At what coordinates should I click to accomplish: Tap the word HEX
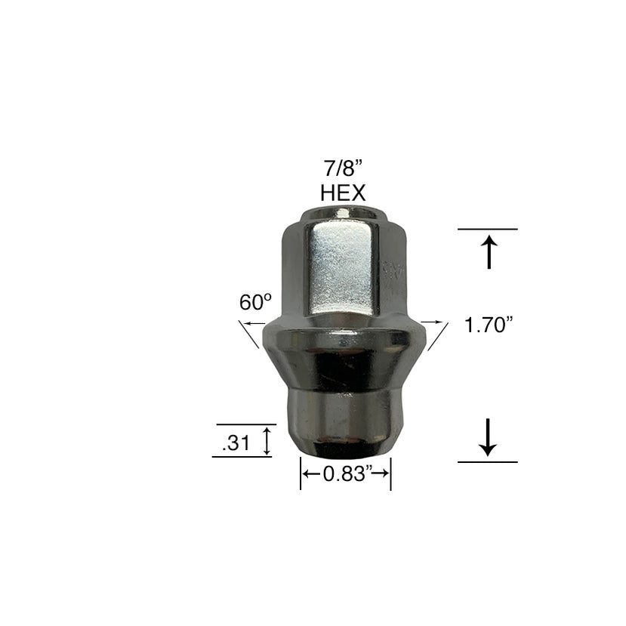pos(343,192)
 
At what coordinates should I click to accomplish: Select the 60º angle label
pos(255,303)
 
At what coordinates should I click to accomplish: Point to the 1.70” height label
pos(489,325)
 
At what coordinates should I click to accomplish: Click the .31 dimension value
pos(236,445)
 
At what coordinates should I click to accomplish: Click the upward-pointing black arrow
pos(489,252)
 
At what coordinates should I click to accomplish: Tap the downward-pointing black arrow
pos(488,437)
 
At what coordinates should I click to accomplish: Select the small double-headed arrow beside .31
pos(266,440)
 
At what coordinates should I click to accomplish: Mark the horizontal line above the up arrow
pos(488,229)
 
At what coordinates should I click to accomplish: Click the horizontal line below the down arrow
pos(488,461)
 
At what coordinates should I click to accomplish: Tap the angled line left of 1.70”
pos(437,335)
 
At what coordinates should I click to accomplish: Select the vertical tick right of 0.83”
pos(390,476)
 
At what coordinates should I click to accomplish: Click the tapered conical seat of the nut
pos(344,362)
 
